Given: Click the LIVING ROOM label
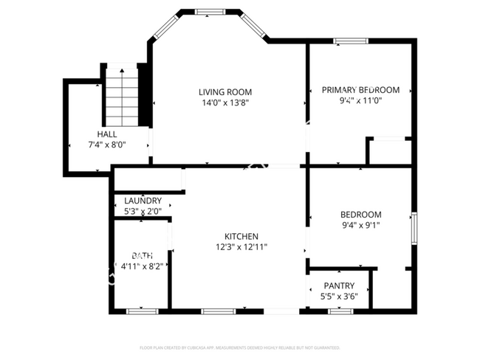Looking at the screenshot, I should coord(224,91).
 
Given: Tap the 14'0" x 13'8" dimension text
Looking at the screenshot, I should coord(224,103).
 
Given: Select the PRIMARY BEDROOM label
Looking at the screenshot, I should coord(360,90).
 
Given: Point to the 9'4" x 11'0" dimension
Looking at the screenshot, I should coord(360,102).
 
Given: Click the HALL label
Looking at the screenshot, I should coord(106,134).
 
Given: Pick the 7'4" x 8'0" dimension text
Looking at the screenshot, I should coord(106,145).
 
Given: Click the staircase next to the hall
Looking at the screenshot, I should coord(123,96).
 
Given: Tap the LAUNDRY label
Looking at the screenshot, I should coord(143,201).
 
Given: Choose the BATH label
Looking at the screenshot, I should coord(142,255).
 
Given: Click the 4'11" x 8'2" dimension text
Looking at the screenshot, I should coord(142,266).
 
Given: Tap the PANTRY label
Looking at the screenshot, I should coord(339,285).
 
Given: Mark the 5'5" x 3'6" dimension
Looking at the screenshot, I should coord(339,297).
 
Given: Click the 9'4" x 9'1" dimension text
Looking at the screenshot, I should coord(360,226).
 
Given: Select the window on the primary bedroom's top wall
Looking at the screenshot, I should coord(350,41).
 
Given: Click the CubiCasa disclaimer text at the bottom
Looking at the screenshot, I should coord(240,347).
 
